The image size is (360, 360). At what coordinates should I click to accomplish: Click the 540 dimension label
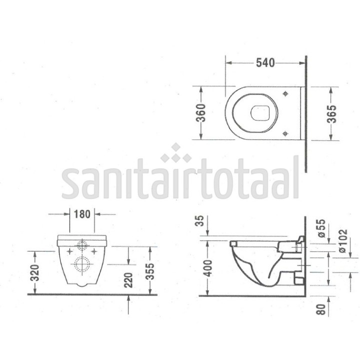265,62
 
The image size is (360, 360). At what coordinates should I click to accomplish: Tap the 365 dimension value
331,114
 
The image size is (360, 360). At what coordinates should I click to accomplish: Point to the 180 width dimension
82,214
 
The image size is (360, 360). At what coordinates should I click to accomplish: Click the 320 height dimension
35,273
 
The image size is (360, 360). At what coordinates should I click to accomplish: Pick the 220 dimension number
128,280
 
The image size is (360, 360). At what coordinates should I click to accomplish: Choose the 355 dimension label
150,271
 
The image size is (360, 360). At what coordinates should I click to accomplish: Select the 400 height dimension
208,268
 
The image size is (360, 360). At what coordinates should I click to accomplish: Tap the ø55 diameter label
321,228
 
